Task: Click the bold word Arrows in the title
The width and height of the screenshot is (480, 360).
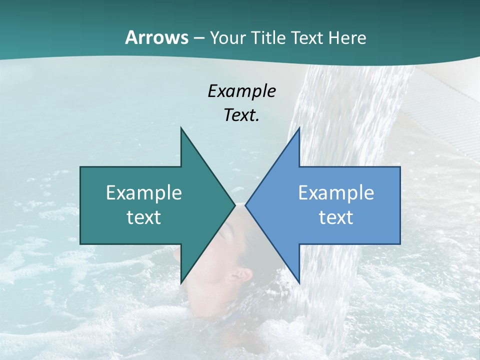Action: [x=157, y=37]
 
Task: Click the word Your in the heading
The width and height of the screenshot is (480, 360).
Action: [x=226, y=37]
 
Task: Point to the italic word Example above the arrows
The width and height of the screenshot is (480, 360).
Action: [x=241, y=91]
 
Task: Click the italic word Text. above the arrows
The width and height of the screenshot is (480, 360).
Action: [x=241, y=115]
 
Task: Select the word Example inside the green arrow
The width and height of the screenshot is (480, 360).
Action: [x=144, y=192]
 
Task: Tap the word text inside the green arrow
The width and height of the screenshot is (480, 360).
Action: [x=144, y=217]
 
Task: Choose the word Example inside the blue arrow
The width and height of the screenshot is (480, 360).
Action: [x=336, y=192]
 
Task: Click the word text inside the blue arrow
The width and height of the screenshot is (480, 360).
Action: [x=336, y=217]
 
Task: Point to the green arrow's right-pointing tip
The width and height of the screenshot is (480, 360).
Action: [x=234, y=205]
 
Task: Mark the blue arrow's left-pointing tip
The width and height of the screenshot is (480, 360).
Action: [x=246, y=205]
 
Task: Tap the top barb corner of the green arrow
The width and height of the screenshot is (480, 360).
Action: [x=181, y=128]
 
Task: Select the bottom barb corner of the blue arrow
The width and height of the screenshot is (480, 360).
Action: [x=299, y=283]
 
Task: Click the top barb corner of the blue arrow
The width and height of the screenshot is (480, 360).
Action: [x=299, y=128]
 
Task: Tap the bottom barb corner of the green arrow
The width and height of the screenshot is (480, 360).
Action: [x=181, y=283]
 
